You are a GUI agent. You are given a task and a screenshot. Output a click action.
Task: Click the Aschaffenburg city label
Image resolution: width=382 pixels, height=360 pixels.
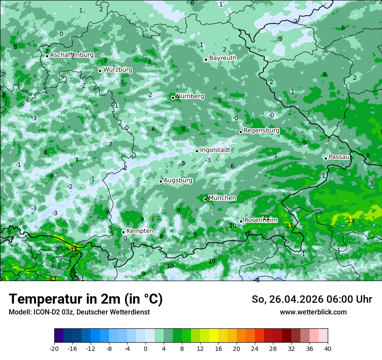72,55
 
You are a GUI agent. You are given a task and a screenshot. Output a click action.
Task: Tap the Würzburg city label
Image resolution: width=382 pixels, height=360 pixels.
118,70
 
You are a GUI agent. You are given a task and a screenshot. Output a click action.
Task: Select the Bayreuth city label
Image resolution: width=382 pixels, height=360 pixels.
223,58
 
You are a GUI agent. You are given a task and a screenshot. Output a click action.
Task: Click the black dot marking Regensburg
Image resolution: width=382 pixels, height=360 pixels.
240,132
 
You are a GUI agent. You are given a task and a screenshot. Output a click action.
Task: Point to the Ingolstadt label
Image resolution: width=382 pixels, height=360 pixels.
215,150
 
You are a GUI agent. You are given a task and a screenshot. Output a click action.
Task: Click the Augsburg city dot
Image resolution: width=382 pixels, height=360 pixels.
161,181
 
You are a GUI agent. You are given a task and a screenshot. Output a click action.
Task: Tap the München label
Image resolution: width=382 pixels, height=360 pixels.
222,198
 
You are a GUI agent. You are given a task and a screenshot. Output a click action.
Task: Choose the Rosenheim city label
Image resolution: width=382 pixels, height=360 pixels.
260,220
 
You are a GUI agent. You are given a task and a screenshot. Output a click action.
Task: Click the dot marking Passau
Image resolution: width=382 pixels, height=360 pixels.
326,158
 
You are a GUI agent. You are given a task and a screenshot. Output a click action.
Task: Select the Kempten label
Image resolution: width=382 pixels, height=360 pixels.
140,231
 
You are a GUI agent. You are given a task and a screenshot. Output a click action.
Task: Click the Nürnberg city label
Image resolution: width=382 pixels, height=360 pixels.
191,96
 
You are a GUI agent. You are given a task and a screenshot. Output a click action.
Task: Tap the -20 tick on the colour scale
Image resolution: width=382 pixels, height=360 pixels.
54,348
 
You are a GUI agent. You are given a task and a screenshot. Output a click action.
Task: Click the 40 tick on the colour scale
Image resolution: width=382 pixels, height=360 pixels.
328,348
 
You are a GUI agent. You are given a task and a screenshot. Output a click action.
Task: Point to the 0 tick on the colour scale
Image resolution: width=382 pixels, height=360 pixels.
145,348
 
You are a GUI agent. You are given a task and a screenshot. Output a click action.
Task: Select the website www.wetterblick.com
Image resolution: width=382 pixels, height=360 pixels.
313,312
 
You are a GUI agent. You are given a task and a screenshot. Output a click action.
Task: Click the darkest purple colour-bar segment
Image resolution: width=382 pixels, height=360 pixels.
59,336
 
